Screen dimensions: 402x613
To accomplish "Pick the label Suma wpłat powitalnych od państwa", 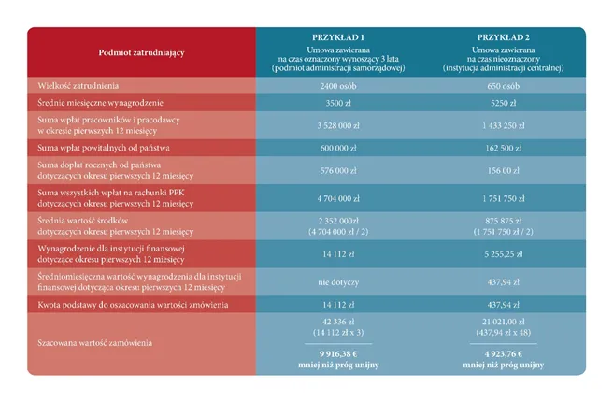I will click(x=100, y=148).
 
